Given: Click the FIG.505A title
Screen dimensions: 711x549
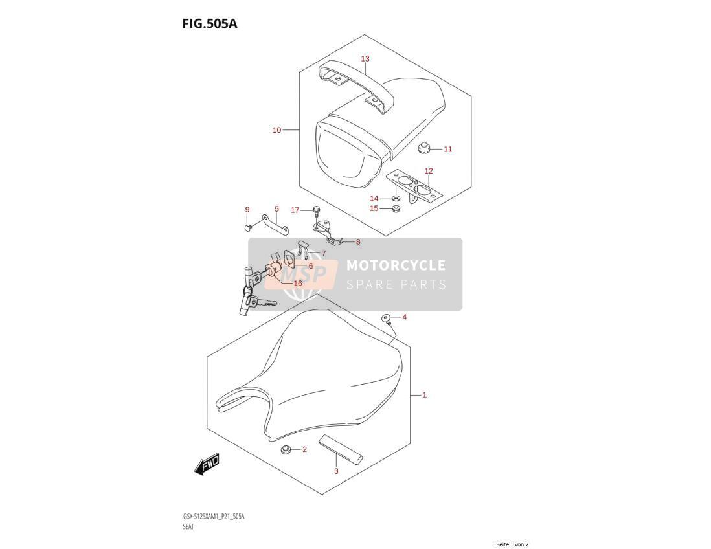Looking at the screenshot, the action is pyautogui.click(x=210, y=23).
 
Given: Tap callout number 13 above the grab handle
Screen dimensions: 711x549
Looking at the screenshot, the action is pyautogui.click(x=365, y=58).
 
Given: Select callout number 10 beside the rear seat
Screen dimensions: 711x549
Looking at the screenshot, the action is pyautogui.click(x=276, y=130).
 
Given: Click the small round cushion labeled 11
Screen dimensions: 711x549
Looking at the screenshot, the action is pyautogui.click(x=423, y=148).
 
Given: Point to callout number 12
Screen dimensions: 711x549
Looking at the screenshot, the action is pyautogui.click(x=429, y=171).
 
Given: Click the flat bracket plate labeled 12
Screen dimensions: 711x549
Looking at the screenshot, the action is pyautogui.click(x=414, y=187).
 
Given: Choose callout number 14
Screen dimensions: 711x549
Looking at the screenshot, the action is pyautogui.click(x=374, y=199).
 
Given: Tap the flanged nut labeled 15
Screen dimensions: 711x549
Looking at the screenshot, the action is pyautogui.click(x=396, y=209).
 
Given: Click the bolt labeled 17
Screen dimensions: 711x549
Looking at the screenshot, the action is pyautogui.click(x=315, y=210).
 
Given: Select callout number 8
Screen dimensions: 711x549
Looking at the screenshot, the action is pyautogui.click(x=358, y=242).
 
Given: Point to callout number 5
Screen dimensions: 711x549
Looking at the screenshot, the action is pyautogui.click(x=276, y=210).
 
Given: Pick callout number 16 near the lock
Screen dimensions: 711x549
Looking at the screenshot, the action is pyautogui.click(x=297, y=284).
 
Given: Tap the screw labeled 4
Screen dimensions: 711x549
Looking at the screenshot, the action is pyautogui.click(x=387, y=319).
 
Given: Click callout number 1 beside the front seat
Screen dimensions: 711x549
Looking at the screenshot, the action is pyautogui.click(x=424, y=396).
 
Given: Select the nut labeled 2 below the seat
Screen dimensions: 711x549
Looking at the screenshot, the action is pyautogui.click(x=286, y=450).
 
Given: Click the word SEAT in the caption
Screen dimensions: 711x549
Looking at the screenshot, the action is pyautogui.click(x=188, y=527).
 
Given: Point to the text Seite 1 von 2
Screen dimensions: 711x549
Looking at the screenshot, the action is pyautogui.click(x=512, y=544).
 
